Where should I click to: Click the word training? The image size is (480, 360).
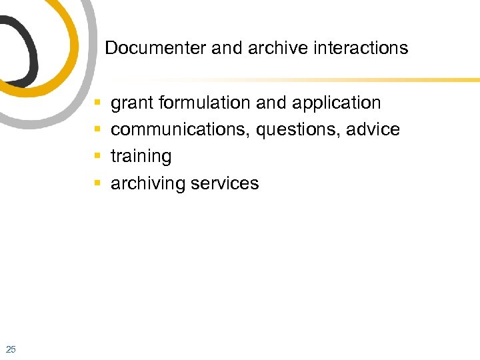click(x=141, y=157)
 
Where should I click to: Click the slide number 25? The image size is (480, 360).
click(x=11, y=349)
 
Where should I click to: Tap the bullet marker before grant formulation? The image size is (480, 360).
click(x=98, y=103)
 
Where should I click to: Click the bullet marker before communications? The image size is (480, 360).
click(x=98, y=130)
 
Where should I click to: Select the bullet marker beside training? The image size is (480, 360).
click(x=98, y=157)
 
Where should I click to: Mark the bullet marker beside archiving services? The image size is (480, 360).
click(x=98, y=183)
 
